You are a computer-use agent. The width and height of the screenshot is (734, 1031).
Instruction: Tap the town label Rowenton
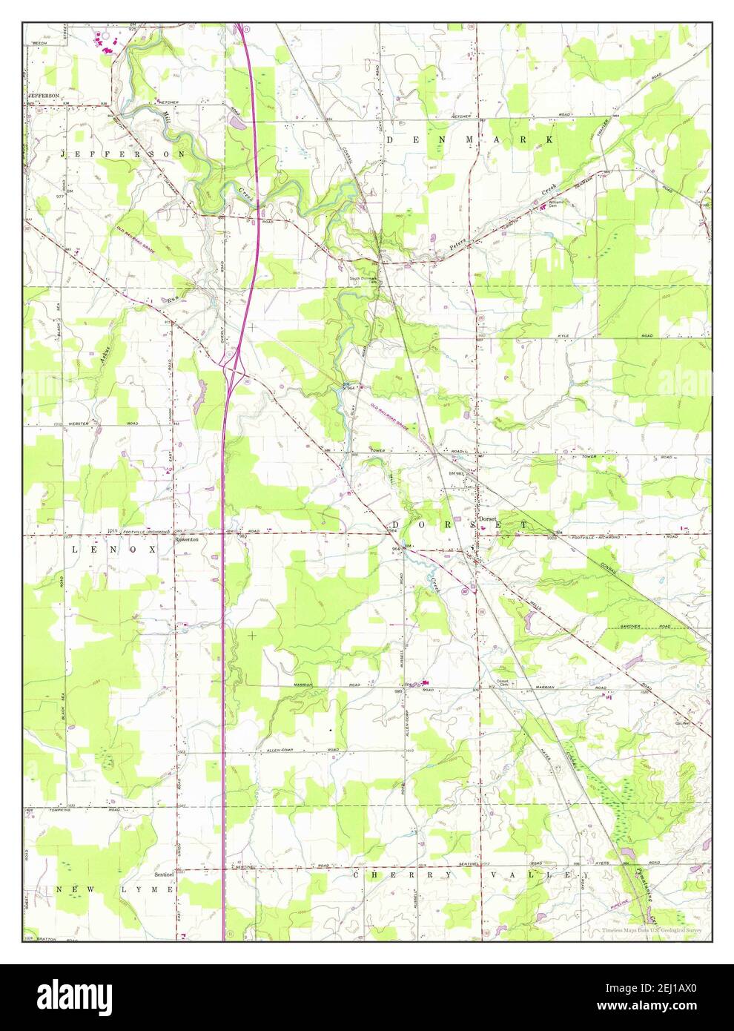[x=186, y=541]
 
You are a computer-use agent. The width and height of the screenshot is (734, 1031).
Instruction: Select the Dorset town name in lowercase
[x=486, y=518]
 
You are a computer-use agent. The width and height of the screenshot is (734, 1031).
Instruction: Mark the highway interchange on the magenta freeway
[x=234, y=364]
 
